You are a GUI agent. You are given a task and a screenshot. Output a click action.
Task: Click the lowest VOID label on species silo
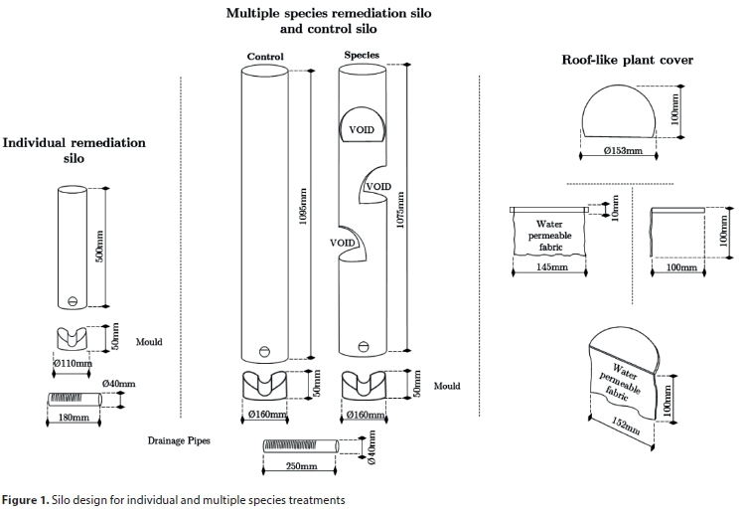(x=344, y=242)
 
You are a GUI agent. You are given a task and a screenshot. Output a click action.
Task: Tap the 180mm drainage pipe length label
(x=75, y=419)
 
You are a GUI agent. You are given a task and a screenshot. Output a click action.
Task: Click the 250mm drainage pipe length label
(x=302, y=464)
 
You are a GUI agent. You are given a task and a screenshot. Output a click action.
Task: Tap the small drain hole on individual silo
(x=72, y=302)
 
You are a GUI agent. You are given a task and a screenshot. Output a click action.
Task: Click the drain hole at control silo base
(x=265, y=350)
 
